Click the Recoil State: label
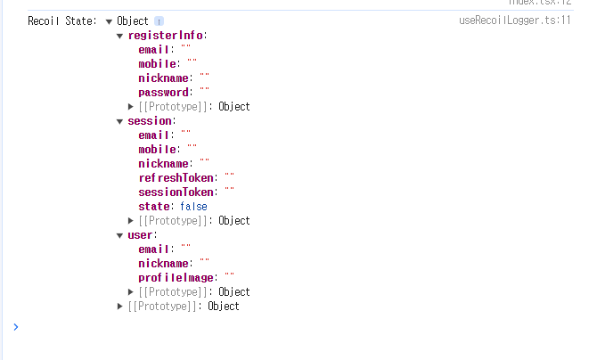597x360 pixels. point(62,21)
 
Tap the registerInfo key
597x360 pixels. point(166,36)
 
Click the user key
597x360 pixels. point(141,235)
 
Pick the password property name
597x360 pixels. point(164,93)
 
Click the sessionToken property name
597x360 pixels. point(177,192)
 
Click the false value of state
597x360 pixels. point(193,207)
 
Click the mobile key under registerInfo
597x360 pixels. point(157,64)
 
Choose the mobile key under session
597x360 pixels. point(157,150)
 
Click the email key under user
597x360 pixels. point(154,250)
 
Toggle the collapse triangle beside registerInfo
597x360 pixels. point(120,36)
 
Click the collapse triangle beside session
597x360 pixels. point(120,121)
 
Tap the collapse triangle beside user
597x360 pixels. point(120,235)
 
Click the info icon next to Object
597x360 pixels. point(159,21)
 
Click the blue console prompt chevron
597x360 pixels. point(15,327)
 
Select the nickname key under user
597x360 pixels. point(163,264)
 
